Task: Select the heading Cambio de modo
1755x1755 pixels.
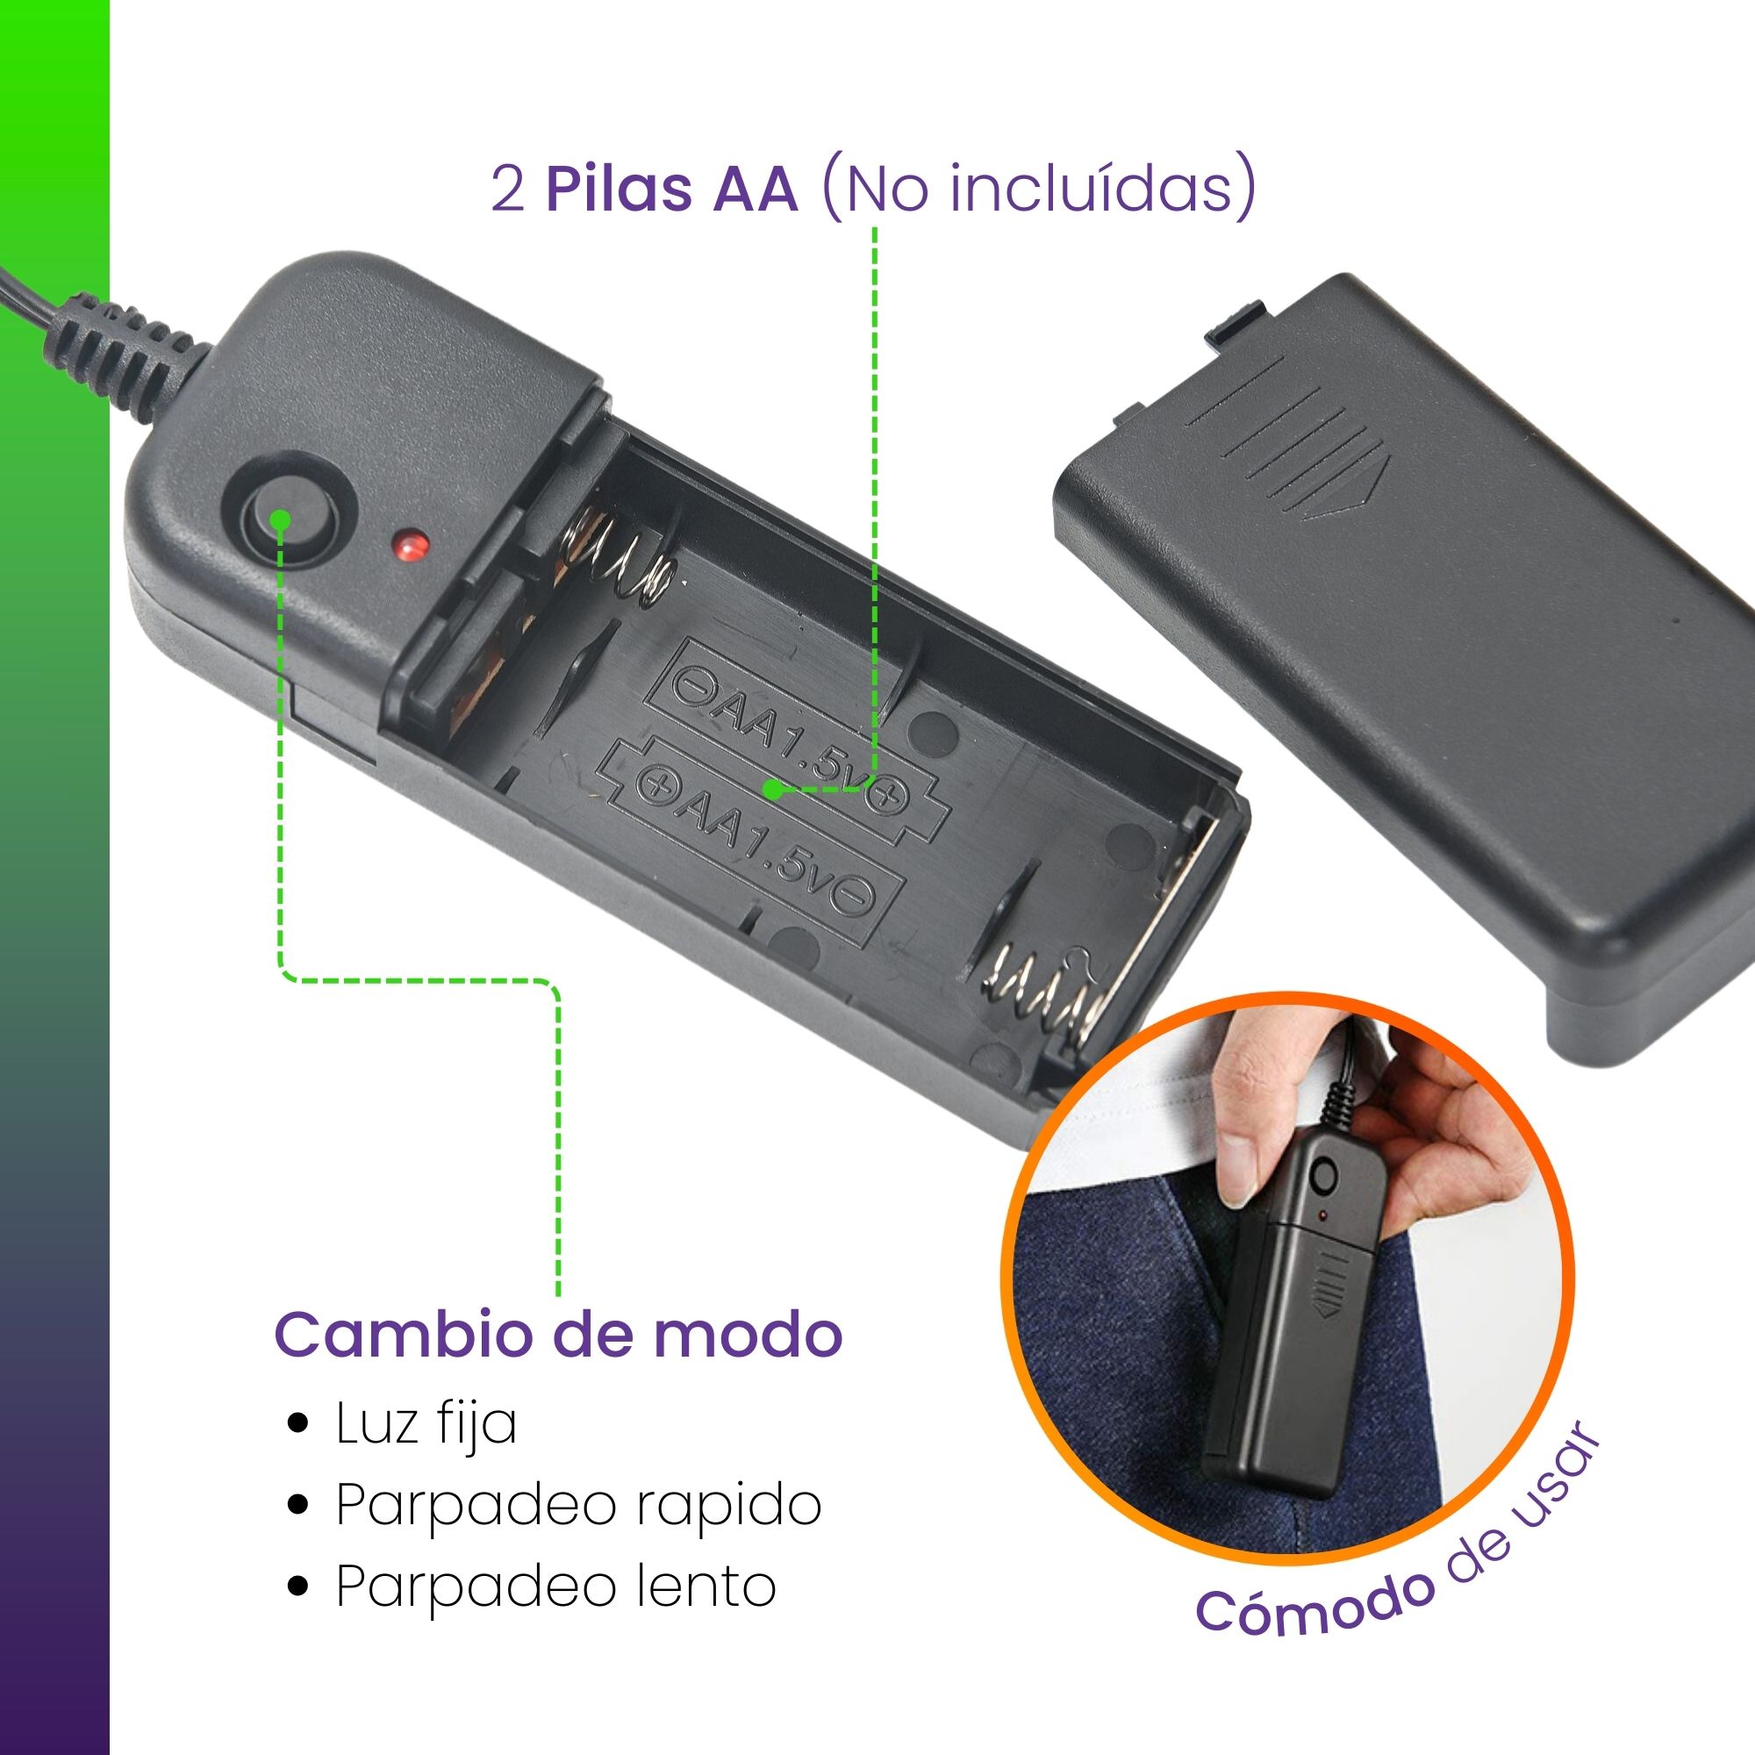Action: pyautogui.click(x=558, y=1334)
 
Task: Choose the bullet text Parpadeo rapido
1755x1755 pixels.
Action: pyautogui.click(x=578, y=1504)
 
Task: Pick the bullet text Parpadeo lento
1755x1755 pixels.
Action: pyautogui.click(x=556, y=1585)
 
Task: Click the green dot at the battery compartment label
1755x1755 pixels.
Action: pyautogui.click(x=772, y=790)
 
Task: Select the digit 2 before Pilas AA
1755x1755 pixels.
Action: pyautogui.click(x=508, y=190)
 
